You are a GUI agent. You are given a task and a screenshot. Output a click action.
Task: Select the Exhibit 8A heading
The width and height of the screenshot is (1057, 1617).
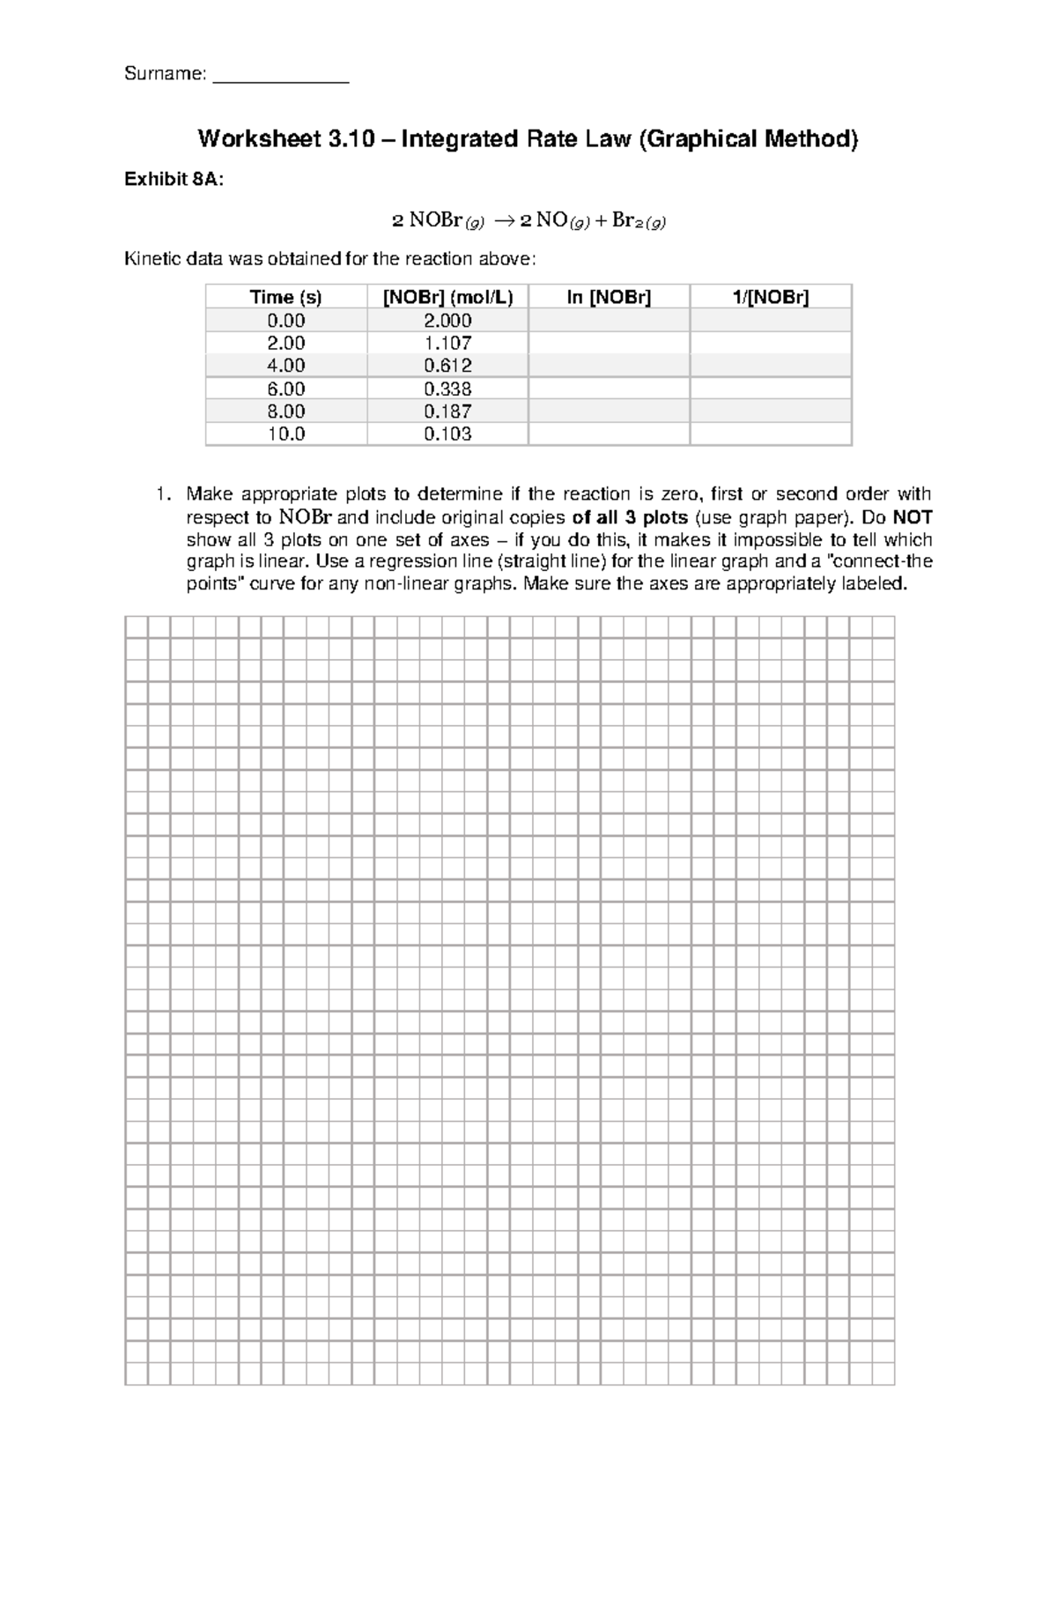[174, 180]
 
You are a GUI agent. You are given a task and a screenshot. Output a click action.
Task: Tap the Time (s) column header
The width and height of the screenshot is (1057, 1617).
[285, 297]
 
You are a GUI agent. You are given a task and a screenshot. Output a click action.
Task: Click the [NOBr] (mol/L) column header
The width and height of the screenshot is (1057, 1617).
[447, 297]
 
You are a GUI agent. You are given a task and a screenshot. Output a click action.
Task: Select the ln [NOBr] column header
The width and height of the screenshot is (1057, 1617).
[609, 297]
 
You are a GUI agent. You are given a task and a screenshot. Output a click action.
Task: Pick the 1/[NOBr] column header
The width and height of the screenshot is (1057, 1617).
[771, 297]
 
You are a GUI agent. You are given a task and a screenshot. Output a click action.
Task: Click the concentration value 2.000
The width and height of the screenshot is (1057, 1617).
[447, 320]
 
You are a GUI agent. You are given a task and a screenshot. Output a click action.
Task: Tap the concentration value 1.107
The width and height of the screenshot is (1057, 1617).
[447, 343]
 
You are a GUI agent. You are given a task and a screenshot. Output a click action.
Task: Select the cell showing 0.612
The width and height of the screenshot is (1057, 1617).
[447, 366]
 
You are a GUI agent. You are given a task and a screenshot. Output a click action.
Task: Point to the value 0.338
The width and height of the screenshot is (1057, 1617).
[447, 389]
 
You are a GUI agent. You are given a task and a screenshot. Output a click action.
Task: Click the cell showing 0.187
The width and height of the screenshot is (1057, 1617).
[447, 411]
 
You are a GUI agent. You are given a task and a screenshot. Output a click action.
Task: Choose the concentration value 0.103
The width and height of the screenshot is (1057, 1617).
[447, 434]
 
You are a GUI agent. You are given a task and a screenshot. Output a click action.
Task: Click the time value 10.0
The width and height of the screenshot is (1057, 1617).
[285, 434]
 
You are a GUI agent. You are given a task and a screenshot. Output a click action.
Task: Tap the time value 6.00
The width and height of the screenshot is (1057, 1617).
[285, 389]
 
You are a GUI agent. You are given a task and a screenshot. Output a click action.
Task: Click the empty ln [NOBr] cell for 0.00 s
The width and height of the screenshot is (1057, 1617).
[609, 320]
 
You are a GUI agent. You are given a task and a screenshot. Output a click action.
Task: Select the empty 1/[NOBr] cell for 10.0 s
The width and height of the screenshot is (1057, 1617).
[771, 434]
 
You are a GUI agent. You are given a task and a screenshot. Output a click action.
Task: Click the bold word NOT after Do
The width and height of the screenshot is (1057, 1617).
[913, 517]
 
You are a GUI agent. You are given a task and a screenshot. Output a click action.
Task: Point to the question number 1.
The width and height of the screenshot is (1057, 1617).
[160, 494]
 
